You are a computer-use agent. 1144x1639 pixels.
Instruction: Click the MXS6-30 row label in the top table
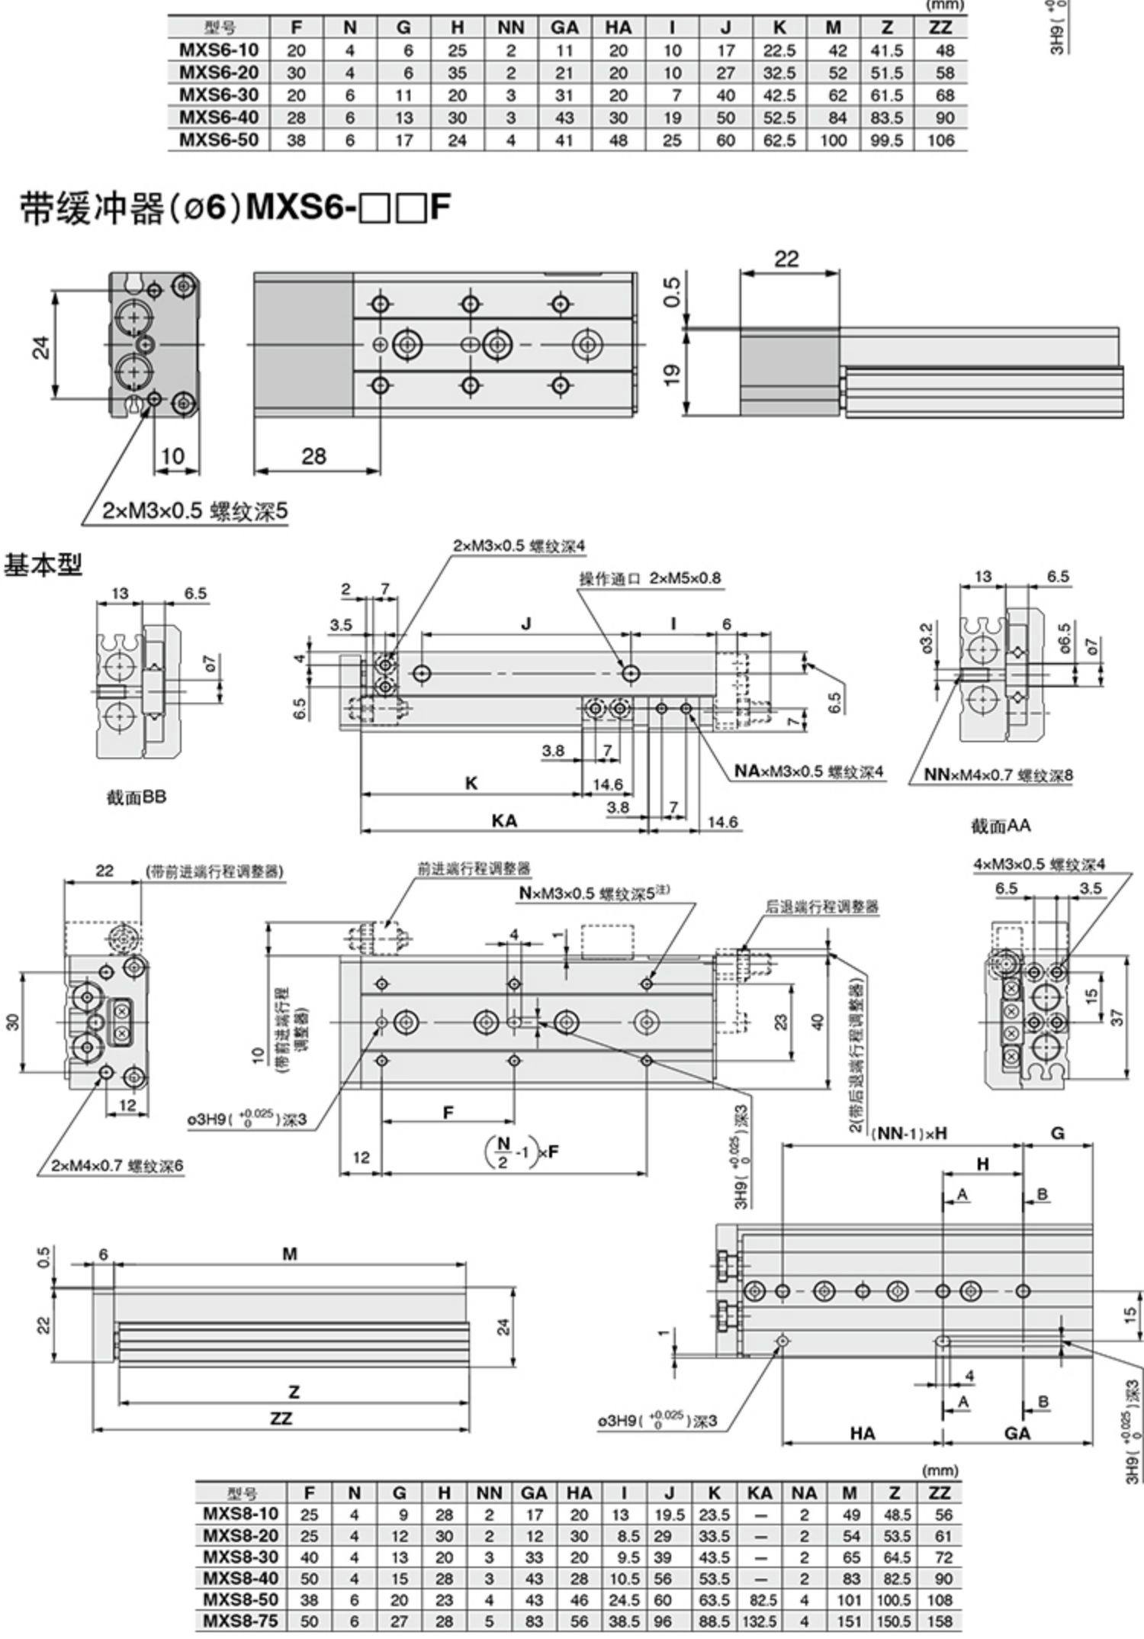point(218,95)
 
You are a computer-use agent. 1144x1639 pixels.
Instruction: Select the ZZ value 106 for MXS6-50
point(941,140)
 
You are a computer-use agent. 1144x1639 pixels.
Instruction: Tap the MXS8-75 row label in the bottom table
point(240,1621)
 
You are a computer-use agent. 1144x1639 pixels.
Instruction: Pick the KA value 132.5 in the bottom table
point(760,1621)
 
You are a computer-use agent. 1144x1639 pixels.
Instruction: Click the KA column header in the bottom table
point(760,1493)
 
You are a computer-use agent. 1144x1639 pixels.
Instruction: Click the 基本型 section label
point(43,565)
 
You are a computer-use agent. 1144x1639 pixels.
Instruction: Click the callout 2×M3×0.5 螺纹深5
point(196,511)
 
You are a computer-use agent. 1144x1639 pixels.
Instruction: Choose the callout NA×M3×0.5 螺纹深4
point(809,771)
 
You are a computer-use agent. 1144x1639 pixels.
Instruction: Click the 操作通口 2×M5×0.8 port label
point(650,578)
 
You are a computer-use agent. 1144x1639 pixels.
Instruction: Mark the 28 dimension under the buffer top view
point(313,456)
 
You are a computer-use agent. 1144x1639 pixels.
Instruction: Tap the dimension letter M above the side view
point(290,1254)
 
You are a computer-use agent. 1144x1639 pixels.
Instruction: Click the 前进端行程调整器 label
point(474,868)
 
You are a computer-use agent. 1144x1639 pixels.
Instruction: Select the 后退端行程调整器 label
point(821,907)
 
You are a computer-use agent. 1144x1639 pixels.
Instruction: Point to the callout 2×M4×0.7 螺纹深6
point(117,1166)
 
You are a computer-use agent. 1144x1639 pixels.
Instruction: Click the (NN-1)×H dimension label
point(908,1133)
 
